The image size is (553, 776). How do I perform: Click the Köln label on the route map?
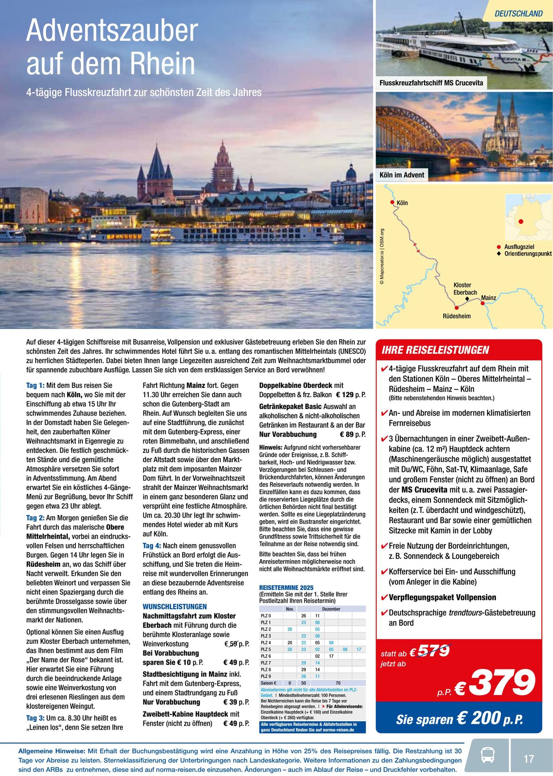pyautogui.click(x=402, y=203)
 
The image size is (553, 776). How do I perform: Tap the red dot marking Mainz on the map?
pyautogui.click(x=483, y=303)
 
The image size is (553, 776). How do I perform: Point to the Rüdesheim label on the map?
pyautogui.click(x=457, y=316)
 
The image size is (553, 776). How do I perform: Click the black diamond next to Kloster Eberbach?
pyautogui.click(x=467, y=299)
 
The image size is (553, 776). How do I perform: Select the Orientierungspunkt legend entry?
pyautogui.click(x=528, y=254)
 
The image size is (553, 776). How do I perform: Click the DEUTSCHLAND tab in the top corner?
pyautogui.click(x=518, y=14)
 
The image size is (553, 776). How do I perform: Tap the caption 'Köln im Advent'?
pyautogui.click(x=402, y=175)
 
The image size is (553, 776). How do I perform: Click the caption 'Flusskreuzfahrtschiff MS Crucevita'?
pyautogui.click(x=431, y=83)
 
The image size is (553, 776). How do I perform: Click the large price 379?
pyautogui.click(x=502, y=683)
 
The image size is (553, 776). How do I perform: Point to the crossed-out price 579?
pyautogui.click(x=433, y=651)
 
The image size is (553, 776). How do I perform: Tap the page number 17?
pyautogui.click(x=529, y=759)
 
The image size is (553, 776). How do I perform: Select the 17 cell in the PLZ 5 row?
pyautogui.click(x=359, y=650)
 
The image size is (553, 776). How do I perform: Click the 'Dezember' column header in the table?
pyautogui.click(x=331, y=609)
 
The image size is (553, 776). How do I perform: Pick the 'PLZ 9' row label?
pyautogui.click(x=266, y=677)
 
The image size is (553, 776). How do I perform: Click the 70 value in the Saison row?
pyautogui.click(x=338, y=683)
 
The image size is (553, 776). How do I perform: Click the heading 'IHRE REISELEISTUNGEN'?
pyautogui.click(x=435, y=350)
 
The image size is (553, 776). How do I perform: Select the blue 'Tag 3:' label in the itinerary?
pyautogui.click(x=35, y=718)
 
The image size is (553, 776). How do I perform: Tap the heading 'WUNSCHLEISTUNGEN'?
pyautogui.click(x=175, y=607)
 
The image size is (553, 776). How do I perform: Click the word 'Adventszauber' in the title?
pyautogui.click(x=112, y=31)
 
